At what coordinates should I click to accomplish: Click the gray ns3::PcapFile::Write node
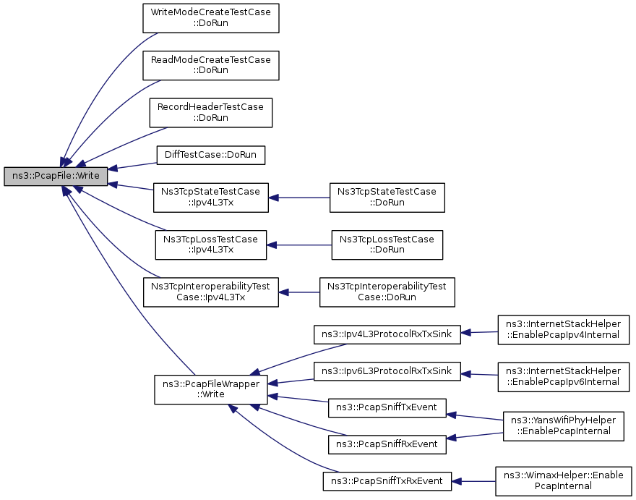56,177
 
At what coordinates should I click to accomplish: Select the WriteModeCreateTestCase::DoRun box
211,18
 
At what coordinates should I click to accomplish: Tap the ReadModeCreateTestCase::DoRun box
211,65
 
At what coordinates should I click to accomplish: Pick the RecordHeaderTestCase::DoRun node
211,112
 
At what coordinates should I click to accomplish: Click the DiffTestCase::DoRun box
211,155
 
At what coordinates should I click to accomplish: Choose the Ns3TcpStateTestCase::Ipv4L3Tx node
211,198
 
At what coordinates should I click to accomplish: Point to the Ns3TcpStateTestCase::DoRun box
387,198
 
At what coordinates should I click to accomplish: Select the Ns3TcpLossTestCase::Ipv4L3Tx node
211,245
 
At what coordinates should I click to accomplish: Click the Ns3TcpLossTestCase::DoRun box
387,245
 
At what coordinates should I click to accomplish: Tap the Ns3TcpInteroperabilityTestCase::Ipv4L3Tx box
211,292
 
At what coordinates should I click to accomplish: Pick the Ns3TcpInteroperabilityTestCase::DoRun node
387,292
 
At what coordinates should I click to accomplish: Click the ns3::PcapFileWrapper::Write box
211,389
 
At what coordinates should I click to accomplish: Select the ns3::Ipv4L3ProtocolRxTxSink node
387,334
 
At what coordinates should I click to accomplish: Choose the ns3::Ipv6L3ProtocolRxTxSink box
387,371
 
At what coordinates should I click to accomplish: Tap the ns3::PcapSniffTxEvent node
387,408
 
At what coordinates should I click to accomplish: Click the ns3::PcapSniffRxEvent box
387,444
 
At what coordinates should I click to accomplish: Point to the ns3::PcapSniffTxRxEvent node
387,481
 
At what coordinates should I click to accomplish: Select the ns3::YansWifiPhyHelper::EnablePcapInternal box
564,426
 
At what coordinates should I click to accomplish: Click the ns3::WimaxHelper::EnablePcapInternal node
564,481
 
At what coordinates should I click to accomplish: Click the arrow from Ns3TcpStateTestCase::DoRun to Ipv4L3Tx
299,198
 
